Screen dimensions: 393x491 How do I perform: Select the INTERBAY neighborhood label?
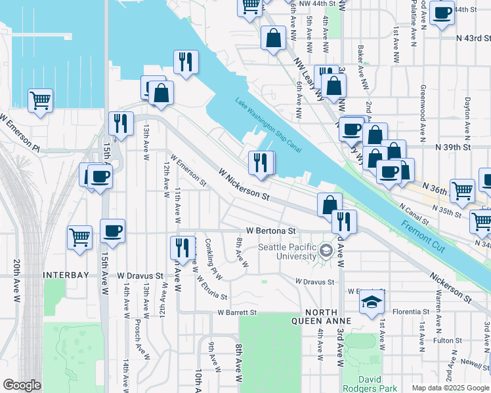[x=62, y=276]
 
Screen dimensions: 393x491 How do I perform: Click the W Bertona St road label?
[x=271, y=231]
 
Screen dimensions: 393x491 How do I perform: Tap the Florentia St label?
[x=412, y=311]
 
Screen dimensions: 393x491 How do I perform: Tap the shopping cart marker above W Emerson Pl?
[x=40, y=101]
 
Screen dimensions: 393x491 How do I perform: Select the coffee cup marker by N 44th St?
[x=442, y=13]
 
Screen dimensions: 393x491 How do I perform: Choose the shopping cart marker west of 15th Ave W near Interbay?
[x=79, y=237]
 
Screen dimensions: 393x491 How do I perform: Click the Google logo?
[x=22, y=385]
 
